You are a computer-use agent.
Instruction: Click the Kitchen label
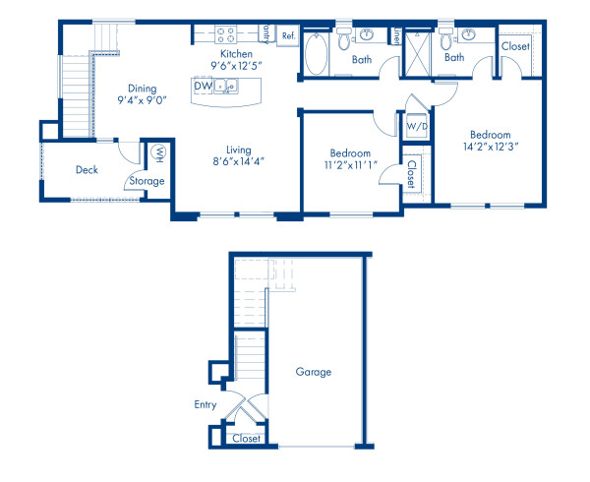pos(238,53)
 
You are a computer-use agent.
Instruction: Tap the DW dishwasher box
pos(203,87)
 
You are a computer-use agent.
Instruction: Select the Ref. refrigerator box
pos(288,36)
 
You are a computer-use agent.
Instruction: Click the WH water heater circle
pos(158,152)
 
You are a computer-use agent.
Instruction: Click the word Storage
pos(145,181)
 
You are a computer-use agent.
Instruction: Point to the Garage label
pos(314,372)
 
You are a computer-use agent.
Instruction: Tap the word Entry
pos(205,403)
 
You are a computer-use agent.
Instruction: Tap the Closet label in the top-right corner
pos(515,46)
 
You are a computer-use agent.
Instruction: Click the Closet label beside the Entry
pos(246,439)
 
